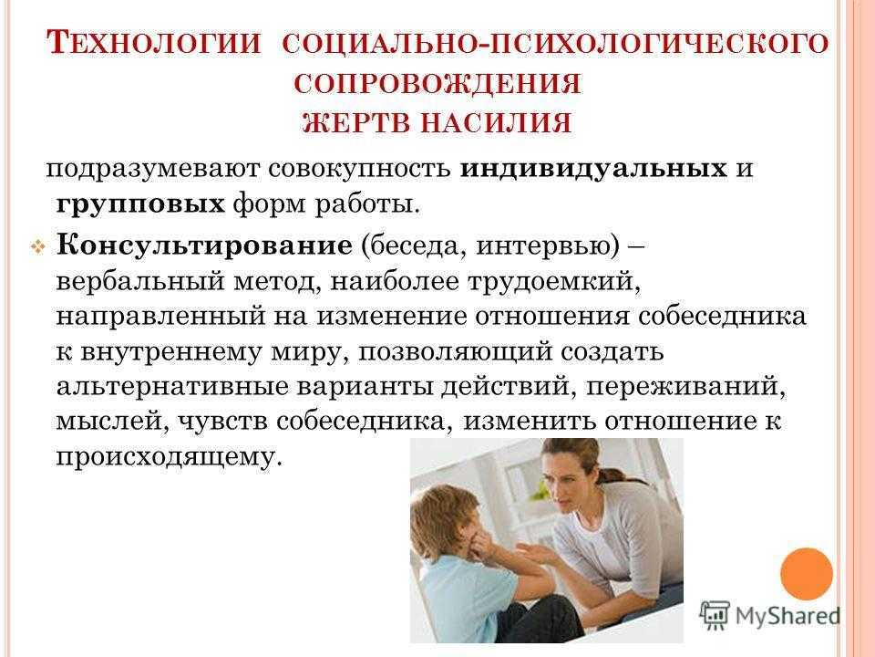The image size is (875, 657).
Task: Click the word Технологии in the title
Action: point(154,43)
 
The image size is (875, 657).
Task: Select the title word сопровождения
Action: point(437,84)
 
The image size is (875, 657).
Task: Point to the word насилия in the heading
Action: point(496,122)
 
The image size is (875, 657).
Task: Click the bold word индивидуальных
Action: point(593,168)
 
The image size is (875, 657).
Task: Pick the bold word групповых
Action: point(140,205)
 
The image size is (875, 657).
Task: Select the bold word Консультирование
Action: point(204,245)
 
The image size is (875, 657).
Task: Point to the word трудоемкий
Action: point(553,282)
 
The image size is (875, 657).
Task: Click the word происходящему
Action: point(167,457)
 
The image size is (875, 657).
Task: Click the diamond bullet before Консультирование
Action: point(38,246)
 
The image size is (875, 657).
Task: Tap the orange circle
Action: point(807,574)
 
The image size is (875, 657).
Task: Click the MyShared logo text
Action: point(787,616)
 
